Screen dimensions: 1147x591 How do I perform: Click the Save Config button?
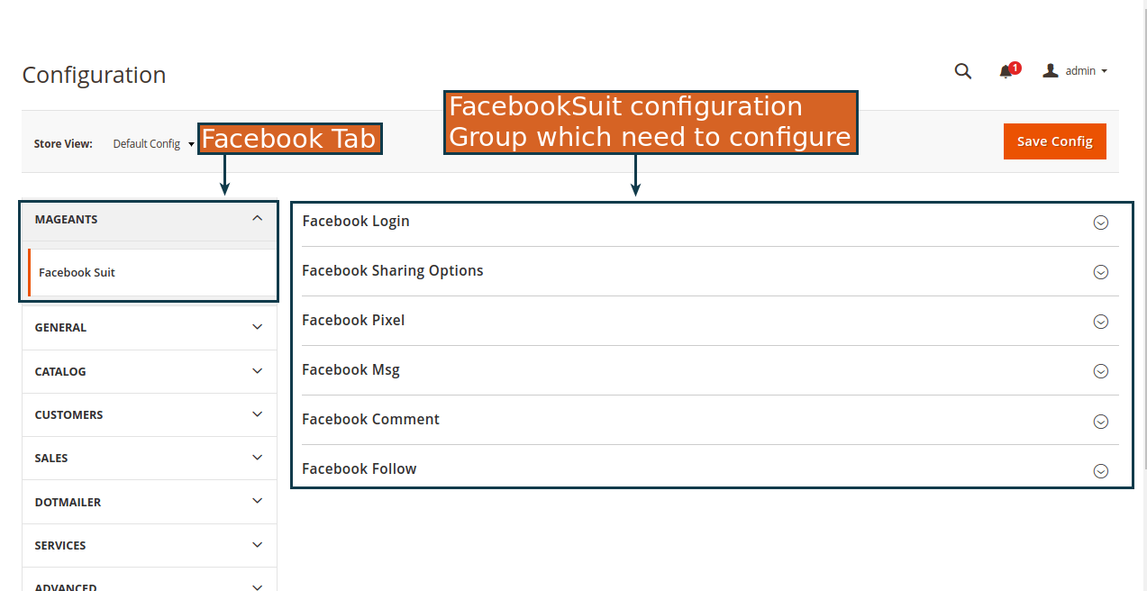tap(1054, 141)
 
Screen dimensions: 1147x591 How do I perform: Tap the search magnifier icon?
tap(962, 71)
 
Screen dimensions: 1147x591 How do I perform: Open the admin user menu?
tap(1075, 70)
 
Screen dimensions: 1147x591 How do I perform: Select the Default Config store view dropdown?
tap(153, 144)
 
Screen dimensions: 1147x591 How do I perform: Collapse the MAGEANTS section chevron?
tap(257, 219)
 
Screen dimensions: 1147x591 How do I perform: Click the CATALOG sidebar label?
tap(59, 372)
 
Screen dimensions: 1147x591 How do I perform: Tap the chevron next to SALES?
tap(257, 458)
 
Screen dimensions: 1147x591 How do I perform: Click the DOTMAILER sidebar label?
tap(68, 503)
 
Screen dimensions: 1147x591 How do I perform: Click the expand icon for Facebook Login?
tap(1101, 223)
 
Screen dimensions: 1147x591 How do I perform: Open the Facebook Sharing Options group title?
tap(392, 271)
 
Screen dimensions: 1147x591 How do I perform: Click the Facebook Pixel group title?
tap(353, 320)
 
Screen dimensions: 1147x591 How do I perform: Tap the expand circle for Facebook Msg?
tap(1101, 371)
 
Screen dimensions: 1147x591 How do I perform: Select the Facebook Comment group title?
tap(370, 420)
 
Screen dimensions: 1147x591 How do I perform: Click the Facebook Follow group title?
tap(359, 469)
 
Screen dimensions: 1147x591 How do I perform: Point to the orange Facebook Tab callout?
tap(290, 139)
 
